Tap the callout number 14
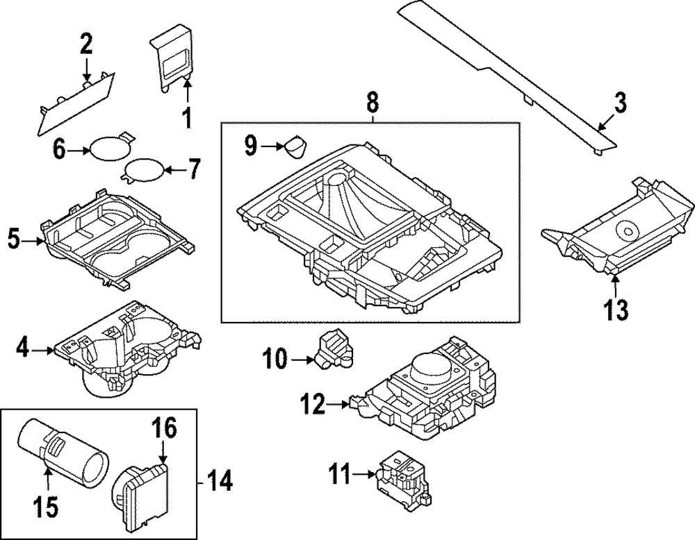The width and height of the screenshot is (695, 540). point(219,480)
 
